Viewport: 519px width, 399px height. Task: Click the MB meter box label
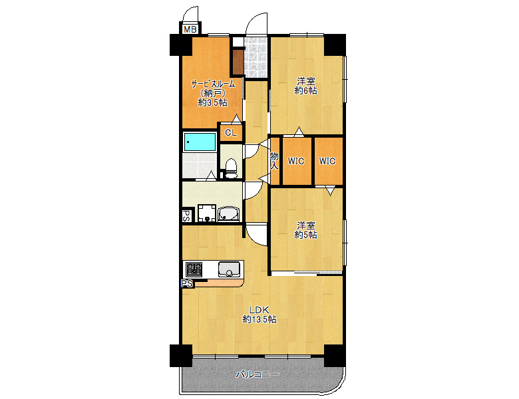tap(190, 29)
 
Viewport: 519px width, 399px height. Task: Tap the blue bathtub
tap(200, 142)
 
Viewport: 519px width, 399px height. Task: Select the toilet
tap(231, 168)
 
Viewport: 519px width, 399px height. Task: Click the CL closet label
tap(231, 133)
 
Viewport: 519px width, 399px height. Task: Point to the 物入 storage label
tap(274, 161)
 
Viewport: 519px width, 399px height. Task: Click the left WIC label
tap(296, 161)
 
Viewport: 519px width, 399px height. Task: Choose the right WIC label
tap(327, 161)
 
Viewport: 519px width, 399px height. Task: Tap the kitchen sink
tap(229, 269)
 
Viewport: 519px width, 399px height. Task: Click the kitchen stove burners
tap(194, 269)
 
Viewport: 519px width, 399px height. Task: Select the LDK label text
tap(259, 310)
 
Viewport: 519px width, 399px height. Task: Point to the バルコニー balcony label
tap(258, 374)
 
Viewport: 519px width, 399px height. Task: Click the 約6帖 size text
tap(305, 90)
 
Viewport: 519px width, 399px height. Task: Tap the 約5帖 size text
tap(305, 235)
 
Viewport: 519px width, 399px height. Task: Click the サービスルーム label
tap(213, 84)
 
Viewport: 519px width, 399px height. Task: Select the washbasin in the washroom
tap(228, 213)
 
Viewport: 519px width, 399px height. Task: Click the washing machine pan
tap(207, 213)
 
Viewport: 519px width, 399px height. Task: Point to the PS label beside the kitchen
tap(188, 283)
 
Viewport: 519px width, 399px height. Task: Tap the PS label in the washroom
tap(186, 215)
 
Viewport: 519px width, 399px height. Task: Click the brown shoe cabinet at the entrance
tap(238, 62)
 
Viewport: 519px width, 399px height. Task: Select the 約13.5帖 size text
tap(259, 320)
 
